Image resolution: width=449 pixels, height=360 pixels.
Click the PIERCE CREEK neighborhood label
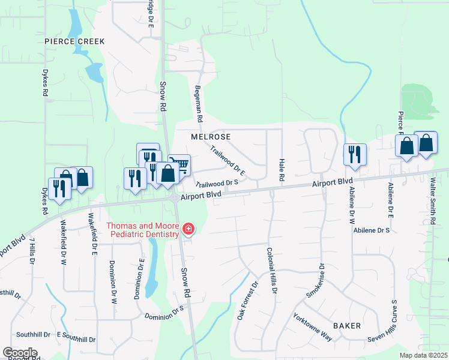point(74,41)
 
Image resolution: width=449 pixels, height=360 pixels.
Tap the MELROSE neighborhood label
point(211,137)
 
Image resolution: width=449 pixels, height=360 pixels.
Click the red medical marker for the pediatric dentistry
point(188,229)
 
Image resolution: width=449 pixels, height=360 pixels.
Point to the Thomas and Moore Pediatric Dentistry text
point(143,230)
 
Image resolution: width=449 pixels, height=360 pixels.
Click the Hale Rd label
point(280,170)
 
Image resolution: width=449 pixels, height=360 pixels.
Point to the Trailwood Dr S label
point(217,182)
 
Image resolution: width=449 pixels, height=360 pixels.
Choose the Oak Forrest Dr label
point(247,300)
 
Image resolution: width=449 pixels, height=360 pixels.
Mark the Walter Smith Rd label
point(432,202)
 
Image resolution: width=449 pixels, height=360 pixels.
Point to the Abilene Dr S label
point(372,230)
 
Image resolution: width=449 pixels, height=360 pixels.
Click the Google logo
point(20,353)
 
